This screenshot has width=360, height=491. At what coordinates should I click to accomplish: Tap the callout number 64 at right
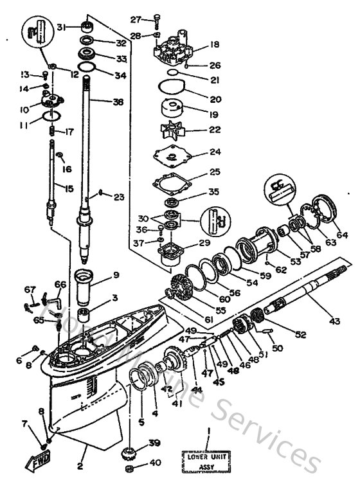(x=341, y=235)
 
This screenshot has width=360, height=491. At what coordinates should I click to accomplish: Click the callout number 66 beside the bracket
(x=60, y=284)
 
